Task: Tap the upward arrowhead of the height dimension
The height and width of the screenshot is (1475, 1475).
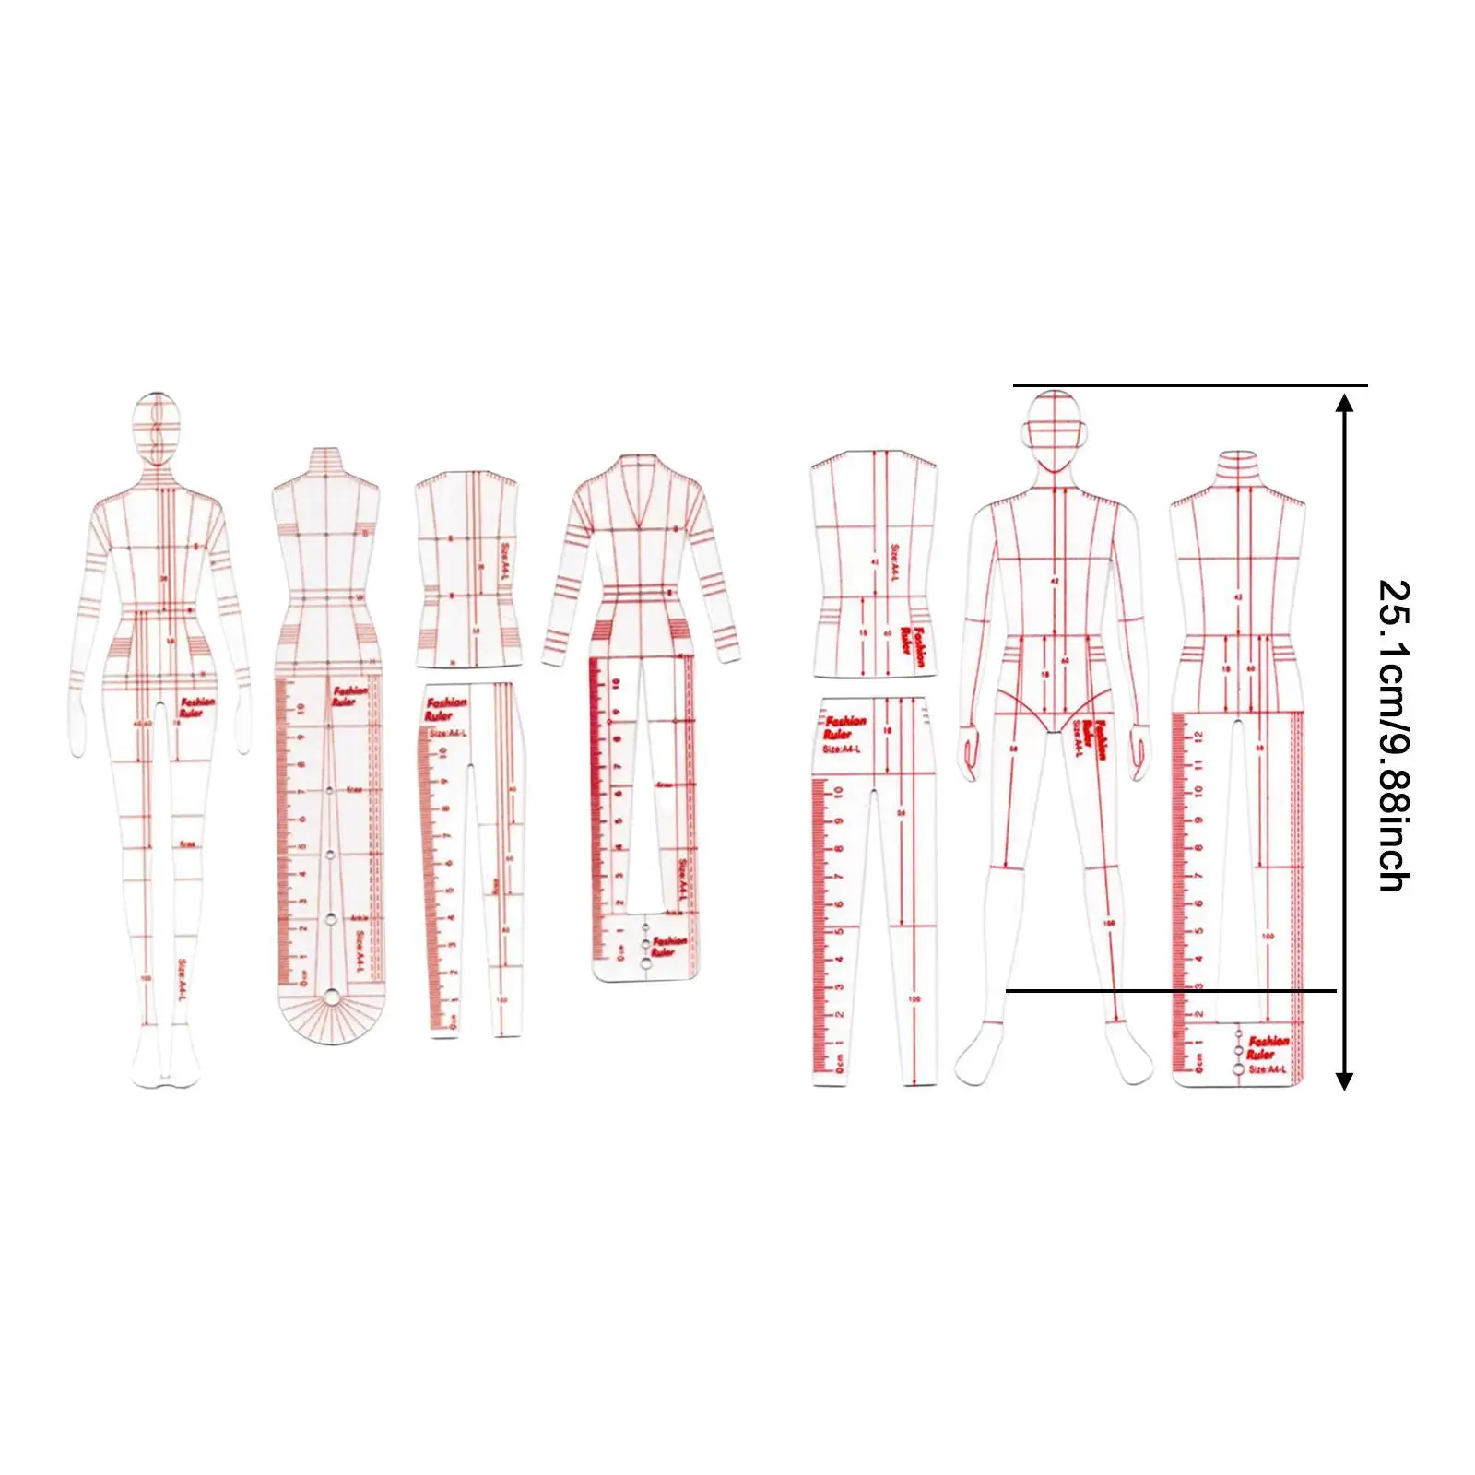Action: point(1345,402)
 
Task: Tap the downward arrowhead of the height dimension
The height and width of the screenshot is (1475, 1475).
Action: point(1345,1080)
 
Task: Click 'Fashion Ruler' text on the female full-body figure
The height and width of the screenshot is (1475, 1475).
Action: point(197,707)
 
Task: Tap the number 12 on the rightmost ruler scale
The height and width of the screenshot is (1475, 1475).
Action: point(1198,737)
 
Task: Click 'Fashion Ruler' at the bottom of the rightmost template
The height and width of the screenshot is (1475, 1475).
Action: point(1267,1046)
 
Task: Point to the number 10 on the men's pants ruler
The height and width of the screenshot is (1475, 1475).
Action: point(837,792)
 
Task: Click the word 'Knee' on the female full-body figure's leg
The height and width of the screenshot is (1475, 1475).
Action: point(187,844)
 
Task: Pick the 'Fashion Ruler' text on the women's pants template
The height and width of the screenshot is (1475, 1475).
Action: point(445,709)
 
